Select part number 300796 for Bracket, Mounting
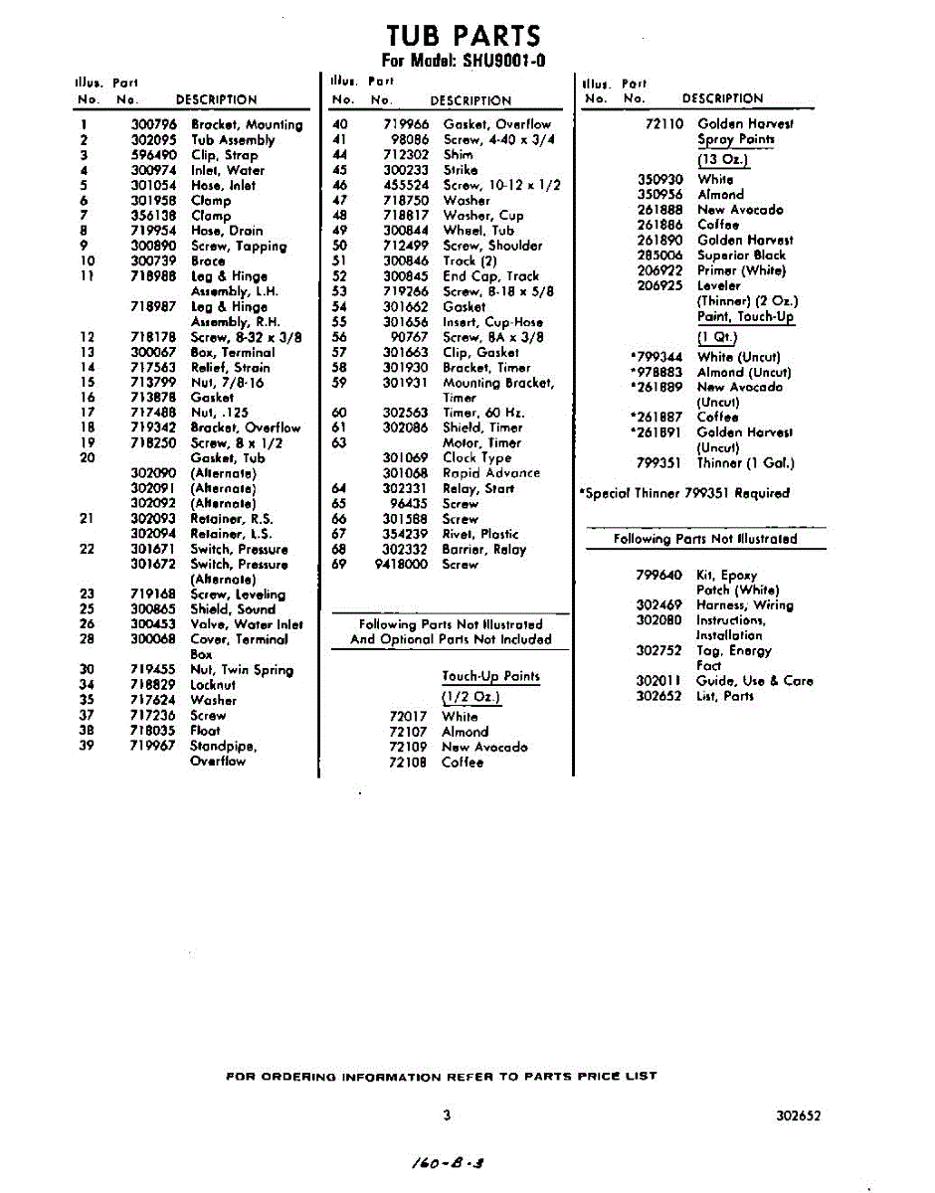tap(153, 124)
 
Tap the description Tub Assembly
tap(233, 140)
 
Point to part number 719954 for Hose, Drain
tap(153, 231)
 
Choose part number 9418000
tap(401, 564)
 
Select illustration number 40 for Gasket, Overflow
tap(339, 124)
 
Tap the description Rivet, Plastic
tap(480, 534)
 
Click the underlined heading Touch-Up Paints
tap(490, 677)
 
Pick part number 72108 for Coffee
tap(408, 763)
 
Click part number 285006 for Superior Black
tap(659, 255)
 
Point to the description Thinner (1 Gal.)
tap(746, 462)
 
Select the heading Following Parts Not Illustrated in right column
tap(705, 539)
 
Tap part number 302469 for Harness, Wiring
tap(658, 604)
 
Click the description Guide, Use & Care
tap(754, 681)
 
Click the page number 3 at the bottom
tap(447, 1115)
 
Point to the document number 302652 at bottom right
tap(799, 1115)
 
